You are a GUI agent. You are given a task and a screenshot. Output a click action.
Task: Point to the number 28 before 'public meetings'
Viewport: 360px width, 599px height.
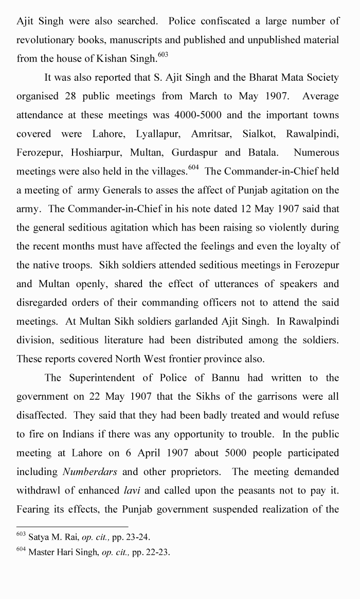[x=71, y=96]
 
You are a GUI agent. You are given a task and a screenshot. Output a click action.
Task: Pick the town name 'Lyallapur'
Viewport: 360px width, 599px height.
[x=157, y=134]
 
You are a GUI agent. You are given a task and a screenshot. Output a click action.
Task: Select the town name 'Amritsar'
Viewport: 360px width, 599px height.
[x=212, y=134]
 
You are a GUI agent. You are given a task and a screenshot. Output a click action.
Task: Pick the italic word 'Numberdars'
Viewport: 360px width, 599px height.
[x=85, y=471]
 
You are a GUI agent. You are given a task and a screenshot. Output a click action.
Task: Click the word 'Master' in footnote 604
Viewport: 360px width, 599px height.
[x=42, y=553]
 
